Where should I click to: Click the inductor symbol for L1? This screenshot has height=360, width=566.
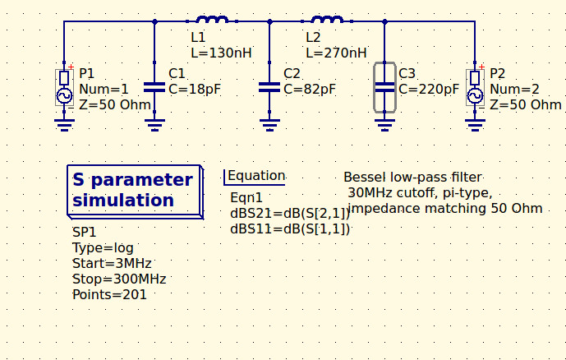click(x=212, y=20)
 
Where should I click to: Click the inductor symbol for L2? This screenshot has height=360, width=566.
click(x=327, y=20)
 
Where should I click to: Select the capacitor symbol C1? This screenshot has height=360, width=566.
click(x=154, y=86)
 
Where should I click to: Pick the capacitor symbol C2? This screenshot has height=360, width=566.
click(x=269, y=86)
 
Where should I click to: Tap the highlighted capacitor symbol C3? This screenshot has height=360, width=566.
click(x=384, y=86)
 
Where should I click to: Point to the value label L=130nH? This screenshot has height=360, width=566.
click(x=221, y=53)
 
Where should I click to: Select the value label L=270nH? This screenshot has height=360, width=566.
click(x=336, y=53)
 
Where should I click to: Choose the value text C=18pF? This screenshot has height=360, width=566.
click(x=195, y=89)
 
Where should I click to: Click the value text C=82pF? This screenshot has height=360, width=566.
click(x=310, y=89)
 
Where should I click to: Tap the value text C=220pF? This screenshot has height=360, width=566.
click(x=429, y=89)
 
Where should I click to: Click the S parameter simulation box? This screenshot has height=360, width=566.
click(x=133, y=190)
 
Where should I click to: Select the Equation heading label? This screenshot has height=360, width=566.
click(x=256, y=176)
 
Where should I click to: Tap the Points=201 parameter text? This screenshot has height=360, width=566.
click(x=109, y=294)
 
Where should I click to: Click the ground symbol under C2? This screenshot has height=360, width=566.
click(x=269, y=124)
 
